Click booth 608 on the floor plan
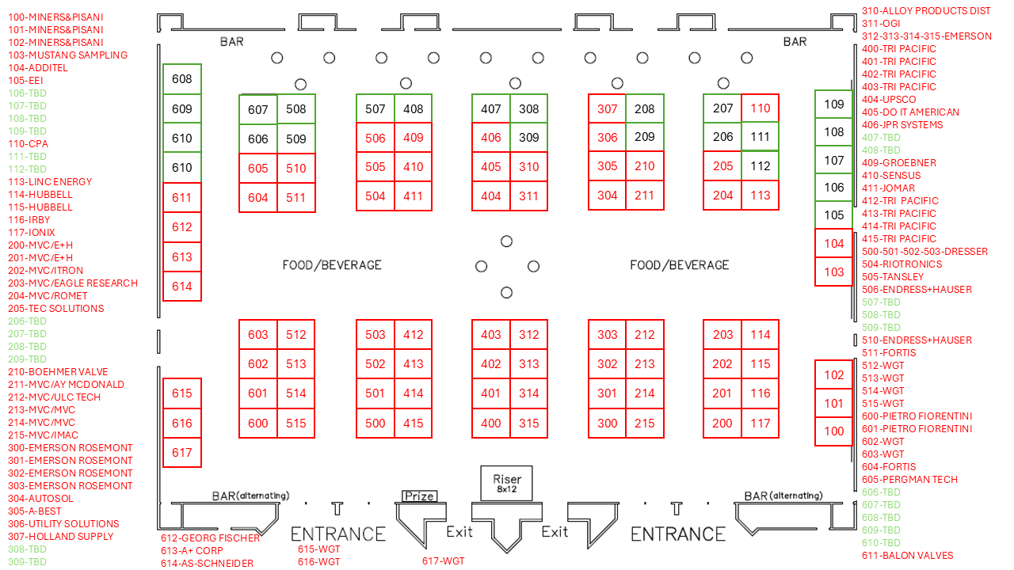[x=182, y=79]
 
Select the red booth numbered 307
[x=607, y=108]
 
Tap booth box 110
[x=760, y=108]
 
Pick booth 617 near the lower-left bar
[x=182, y=453]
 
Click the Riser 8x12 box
[x=507, y=483]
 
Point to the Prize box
[x=419, y=496]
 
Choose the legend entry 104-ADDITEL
[x=38, y=68]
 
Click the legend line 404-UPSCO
[x=889, y=100]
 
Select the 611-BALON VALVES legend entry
[x=907, y=556]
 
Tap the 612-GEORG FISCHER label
[x=210, y=538]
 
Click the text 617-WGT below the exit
[x=443, y=561]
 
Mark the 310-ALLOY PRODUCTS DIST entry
[x=926, y=11]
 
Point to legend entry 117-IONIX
[x=32, y=233]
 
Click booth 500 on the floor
[x=375, y=424]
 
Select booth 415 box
[x=413, y=424]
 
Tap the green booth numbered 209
[x=645, y=137]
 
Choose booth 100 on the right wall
[x=834, y=431]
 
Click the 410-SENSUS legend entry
[x=891, y=176]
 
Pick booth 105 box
[x=834, y=215]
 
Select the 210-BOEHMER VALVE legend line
[x=58, y=372]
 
